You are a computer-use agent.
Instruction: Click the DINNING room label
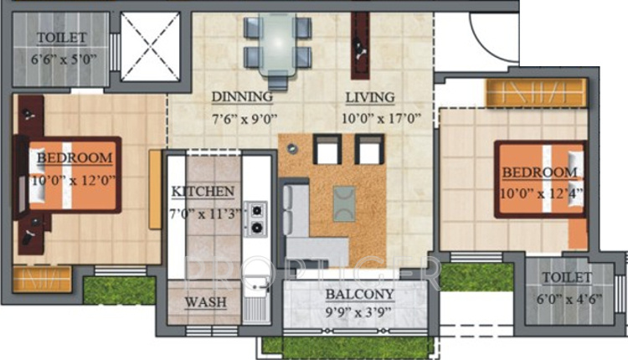[242, 95]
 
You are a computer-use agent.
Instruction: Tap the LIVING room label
[370, 96]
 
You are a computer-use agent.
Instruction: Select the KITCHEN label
[203, 192]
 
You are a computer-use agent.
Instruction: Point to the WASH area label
[205, 302]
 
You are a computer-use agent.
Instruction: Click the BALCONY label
[359, 295]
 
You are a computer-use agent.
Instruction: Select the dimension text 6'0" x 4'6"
[567, 296]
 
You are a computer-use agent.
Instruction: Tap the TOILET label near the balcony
[567, 277]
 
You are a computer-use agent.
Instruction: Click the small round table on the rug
[291, 149]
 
